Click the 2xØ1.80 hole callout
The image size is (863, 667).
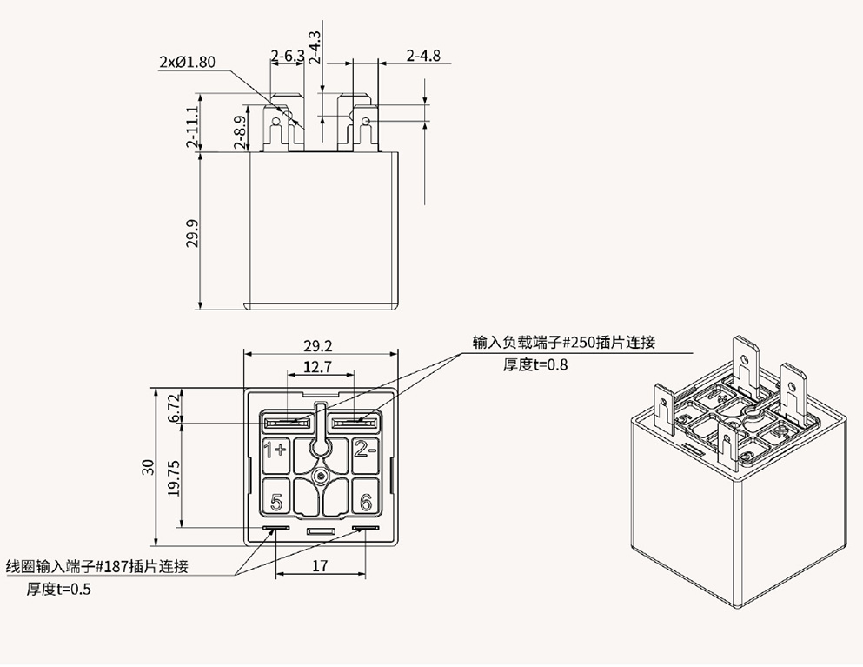click(187, 63)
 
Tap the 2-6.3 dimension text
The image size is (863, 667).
click(287, 57)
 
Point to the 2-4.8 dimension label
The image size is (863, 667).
click(423, 57)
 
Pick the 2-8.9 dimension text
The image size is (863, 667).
click(240, 131)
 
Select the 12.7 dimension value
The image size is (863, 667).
click(318, 367)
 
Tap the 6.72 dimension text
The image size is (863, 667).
click(174, 408)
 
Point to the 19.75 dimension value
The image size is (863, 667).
click(174, 477)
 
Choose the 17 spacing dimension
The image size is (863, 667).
click(320, 566)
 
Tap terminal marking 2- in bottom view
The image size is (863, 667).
click(365, 450)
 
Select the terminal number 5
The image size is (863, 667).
click(276, 502)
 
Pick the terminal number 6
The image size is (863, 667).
click(365, 502)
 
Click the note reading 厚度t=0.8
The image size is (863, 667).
click(534, 364)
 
